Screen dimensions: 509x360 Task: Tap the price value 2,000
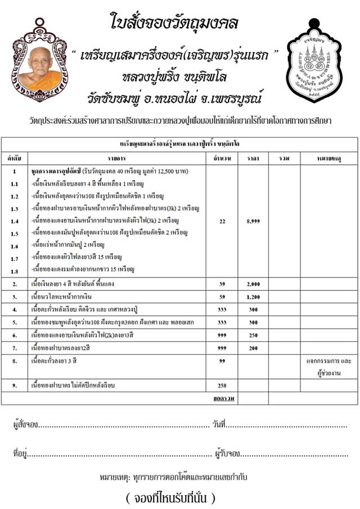pos(253,284)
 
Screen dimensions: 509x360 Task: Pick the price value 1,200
pos(253,296)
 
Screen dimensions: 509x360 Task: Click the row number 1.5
pos(15,233)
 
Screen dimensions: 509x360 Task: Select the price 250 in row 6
pos(253,335)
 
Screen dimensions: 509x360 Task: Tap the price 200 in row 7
pos(253,348)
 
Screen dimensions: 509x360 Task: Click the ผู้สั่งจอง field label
pos(23,424)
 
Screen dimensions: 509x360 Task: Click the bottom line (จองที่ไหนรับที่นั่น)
pos(170,498)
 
